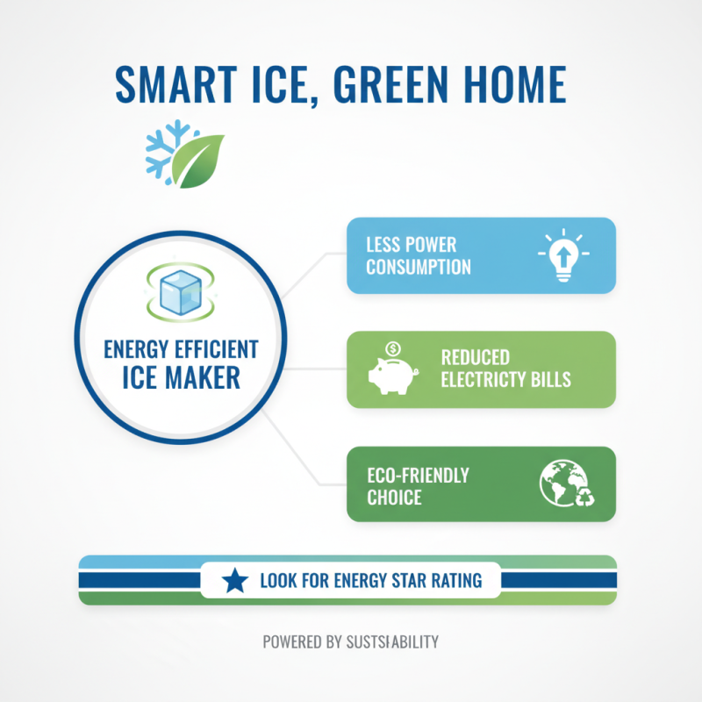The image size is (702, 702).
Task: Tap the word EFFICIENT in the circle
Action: click(217, 350)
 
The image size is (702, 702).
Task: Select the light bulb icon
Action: click(562, 255)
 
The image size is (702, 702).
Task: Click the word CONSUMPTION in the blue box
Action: click(419, 267)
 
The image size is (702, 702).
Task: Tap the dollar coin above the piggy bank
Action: click(392, 348)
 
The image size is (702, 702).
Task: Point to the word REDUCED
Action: click(475, 358)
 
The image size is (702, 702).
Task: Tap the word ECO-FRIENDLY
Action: click(418, 476)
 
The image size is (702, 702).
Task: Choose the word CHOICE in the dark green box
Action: click(394, 498)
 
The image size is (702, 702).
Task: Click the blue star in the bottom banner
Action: click(233, 581)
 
